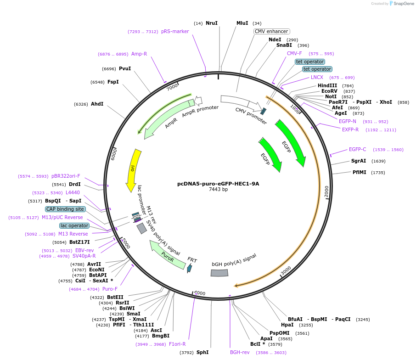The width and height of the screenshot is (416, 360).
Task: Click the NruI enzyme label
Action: click(x=211, y=23)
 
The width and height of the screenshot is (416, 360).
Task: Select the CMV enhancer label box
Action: click(x=271, y=31)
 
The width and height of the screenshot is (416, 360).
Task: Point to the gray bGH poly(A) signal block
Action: click(x=219, y=273)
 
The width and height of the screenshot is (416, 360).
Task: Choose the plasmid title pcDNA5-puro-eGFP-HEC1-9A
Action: click(x=218, y=184)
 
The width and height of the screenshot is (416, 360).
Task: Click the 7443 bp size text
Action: click(x=218, y=189)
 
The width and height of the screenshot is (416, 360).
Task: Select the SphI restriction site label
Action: click(x=202, y=352)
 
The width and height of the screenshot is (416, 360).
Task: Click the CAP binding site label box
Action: click(x=65, y=209)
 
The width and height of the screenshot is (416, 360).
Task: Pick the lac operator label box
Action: click(x=74, y=225)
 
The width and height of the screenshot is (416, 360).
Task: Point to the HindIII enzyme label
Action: click(x=327, y=85)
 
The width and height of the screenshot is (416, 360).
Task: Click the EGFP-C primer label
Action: click(x=357, y=149)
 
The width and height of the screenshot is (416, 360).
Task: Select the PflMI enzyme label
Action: click(x=359, y=172)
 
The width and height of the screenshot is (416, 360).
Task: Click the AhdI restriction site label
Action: click(x=97, y=104)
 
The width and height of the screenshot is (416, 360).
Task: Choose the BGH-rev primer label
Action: click(x=240, y=352)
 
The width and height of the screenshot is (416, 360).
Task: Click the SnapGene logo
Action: click(x=400, y=4)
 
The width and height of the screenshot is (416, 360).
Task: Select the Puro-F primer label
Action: click(x=110, y=289)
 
